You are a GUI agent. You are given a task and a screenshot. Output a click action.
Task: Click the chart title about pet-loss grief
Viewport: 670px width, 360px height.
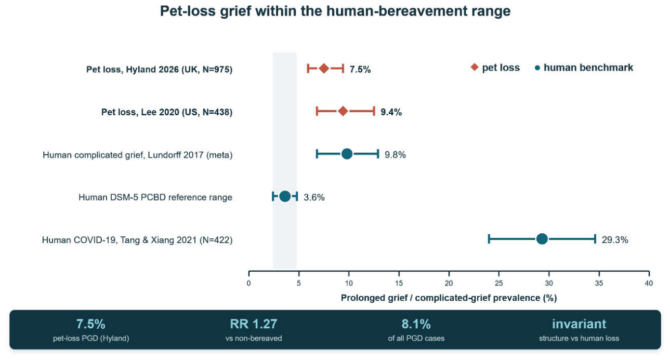(335, 11)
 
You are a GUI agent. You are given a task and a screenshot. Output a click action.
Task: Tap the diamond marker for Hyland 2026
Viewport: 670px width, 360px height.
(324, 69)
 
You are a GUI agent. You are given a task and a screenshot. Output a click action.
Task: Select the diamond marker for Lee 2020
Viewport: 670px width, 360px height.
(343, 111)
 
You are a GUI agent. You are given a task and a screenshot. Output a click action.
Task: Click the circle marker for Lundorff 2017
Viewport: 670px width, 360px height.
(347, 154)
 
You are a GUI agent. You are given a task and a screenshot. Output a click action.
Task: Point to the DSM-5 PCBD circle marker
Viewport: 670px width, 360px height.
(285, 196)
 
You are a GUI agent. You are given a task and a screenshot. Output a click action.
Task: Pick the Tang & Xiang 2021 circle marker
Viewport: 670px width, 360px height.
(542, 239)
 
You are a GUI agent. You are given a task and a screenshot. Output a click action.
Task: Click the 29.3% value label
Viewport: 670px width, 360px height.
(615, 240)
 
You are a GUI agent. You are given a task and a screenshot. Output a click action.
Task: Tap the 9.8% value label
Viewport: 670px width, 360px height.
(395, 155)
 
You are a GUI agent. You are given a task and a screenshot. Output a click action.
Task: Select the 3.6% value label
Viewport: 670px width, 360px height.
(314, 197)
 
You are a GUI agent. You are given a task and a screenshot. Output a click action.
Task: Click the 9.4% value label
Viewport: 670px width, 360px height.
(391, 112)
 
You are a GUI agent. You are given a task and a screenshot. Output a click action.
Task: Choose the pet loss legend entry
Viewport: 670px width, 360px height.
(495, 68)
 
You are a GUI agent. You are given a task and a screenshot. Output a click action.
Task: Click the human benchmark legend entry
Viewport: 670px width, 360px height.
(584, 68)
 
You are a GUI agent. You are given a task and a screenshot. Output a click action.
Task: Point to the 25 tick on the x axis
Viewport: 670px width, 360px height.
(499, 273)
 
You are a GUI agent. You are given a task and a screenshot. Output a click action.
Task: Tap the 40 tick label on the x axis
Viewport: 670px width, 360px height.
(649, 283)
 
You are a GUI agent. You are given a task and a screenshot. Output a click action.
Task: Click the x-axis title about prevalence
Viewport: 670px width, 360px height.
(449, 298)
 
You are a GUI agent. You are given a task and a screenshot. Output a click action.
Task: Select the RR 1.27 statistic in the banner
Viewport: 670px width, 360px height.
(254, 324)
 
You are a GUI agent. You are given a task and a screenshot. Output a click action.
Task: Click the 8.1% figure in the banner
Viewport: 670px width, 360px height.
(416, 324)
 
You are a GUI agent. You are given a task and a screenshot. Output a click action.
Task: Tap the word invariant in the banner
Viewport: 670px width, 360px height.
(579, 324)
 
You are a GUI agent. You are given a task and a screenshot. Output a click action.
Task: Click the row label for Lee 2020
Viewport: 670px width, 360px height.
(167, 112)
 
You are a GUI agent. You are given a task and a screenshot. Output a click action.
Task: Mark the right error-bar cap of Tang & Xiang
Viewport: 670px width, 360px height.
(595, 239)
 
